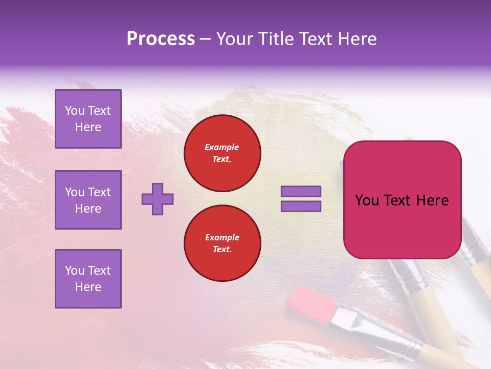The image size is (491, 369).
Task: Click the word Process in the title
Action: tap(161, 39)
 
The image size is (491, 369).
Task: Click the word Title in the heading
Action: tap(275, 39)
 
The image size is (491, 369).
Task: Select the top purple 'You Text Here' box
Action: tap(88, 119)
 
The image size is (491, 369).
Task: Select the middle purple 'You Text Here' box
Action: tap(88, 200)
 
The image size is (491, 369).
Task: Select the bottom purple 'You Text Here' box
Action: tap(88, 279)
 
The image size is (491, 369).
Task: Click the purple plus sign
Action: tap(158, 199)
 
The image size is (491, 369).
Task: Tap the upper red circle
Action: tap(222, 153)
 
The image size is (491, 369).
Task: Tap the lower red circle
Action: tap(222, 243)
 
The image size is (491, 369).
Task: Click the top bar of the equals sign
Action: tap(301, 192)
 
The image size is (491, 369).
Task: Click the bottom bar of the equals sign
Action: tap(301, 206)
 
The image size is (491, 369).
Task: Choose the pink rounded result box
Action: tap(402, 200)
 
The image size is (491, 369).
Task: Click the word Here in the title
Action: tap(356, 39)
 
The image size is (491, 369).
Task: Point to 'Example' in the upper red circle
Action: tap(222, 147)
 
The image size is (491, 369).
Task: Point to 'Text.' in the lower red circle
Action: tap(222, 249)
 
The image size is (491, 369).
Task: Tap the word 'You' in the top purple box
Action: tap(74, 111)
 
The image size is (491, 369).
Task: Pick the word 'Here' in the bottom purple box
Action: tap(88, 287)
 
